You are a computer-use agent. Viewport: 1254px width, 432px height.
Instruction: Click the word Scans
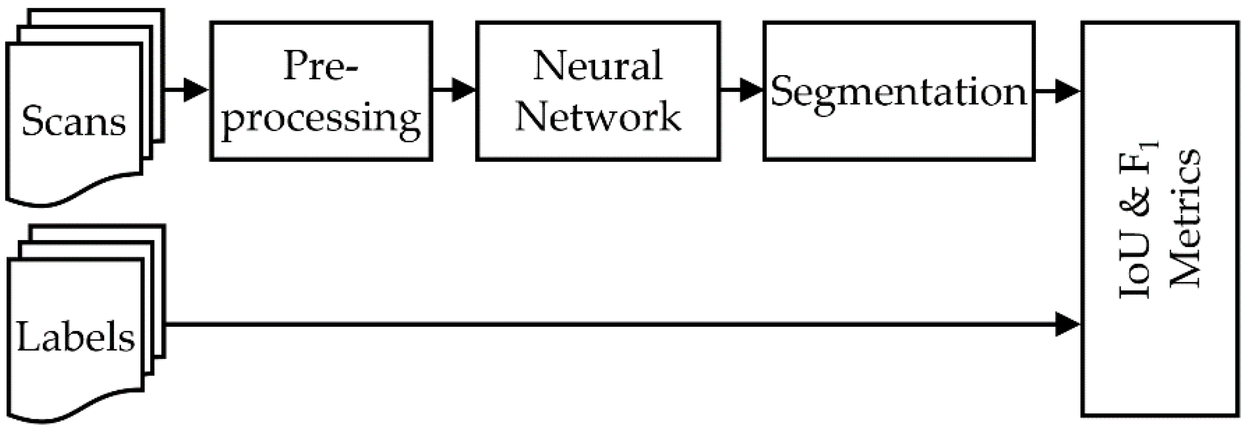(74, 121)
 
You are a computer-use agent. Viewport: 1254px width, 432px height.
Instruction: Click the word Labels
(76, 337)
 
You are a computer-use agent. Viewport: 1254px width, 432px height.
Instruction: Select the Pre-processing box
(321, 91)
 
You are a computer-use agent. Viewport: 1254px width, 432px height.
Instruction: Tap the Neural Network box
(598, 91)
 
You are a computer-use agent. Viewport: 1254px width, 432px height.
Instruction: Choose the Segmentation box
(898, 91)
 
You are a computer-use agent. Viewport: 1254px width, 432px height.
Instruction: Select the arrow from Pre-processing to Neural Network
(454, 90)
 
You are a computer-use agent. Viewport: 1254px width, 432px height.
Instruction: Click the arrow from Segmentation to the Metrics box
(1057, 91)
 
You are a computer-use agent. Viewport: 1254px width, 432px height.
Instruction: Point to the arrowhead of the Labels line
(1068, 324)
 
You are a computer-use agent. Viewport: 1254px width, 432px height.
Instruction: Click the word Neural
(598, 66)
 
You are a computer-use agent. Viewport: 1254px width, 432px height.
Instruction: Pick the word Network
(598, 116)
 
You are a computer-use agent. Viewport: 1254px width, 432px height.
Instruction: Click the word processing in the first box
(321, 118)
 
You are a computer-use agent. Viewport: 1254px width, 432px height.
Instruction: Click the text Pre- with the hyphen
(321, 66)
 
